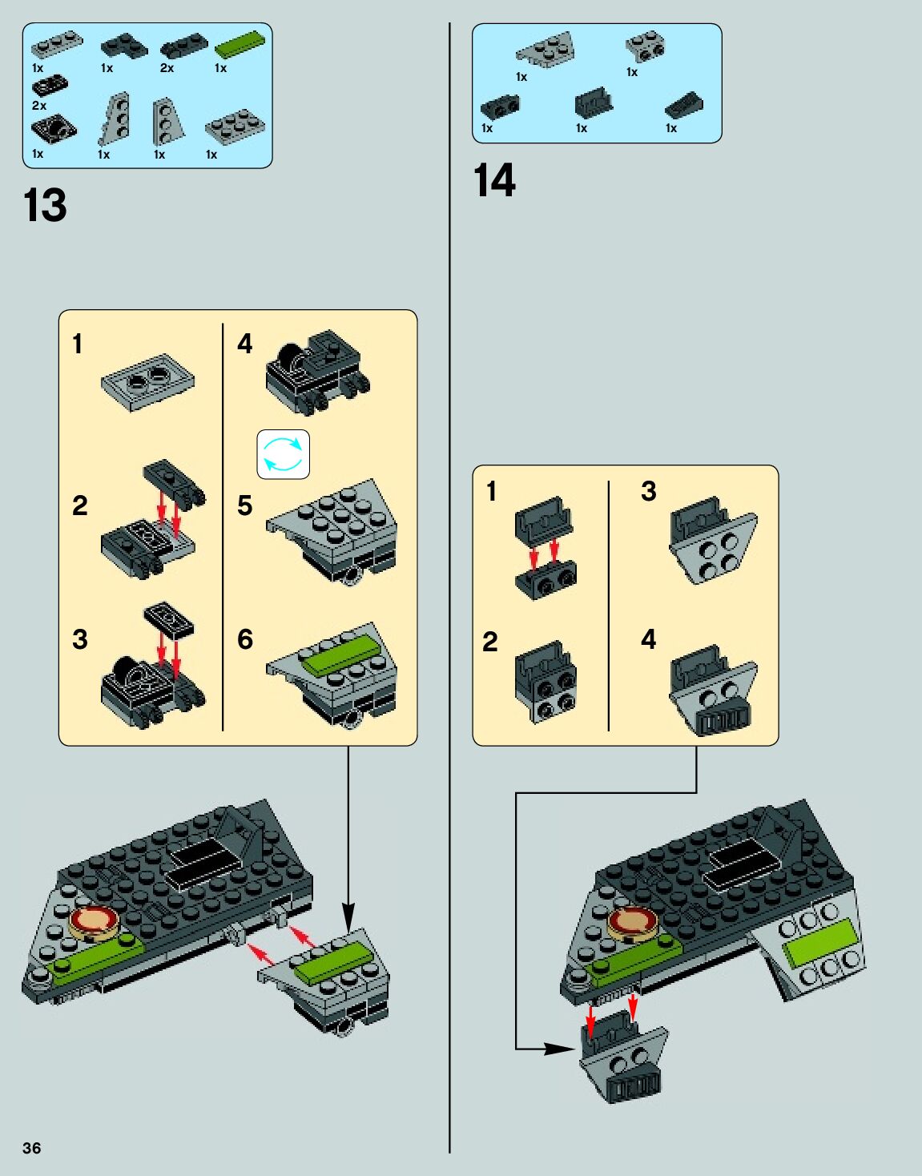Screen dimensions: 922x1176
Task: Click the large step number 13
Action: coord(45,206)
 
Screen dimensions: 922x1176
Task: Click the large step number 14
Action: coord(494,180)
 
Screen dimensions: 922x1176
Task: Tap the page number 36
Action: coord(31,1148)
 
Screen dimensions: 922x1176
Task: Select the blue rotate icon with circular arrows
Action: coord(283,454)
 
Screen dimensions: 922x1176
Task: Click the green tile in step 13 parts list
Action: coord(239,45)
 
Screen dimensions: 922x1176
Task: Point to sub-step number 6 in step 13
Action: coord(244,639)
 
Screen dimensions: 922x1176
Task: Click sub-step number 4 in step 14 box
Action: coord(648,639)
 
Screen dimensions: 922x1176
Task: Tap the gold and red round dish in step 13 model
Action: coord(95,923)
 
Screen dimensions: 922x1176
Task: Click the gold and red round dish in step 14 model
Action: coord(632,923)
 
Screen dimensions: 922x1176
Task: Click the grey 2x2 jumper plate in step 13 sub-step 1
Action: coord(149,382)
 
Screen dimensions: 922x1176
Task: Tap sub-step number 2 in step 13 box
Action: coord(79,505)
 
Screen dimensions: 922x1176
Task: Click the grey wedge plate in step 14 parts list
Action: coord(546,50)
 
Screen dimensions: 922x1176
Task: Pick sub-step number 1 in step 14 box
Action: coord(491,491)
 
